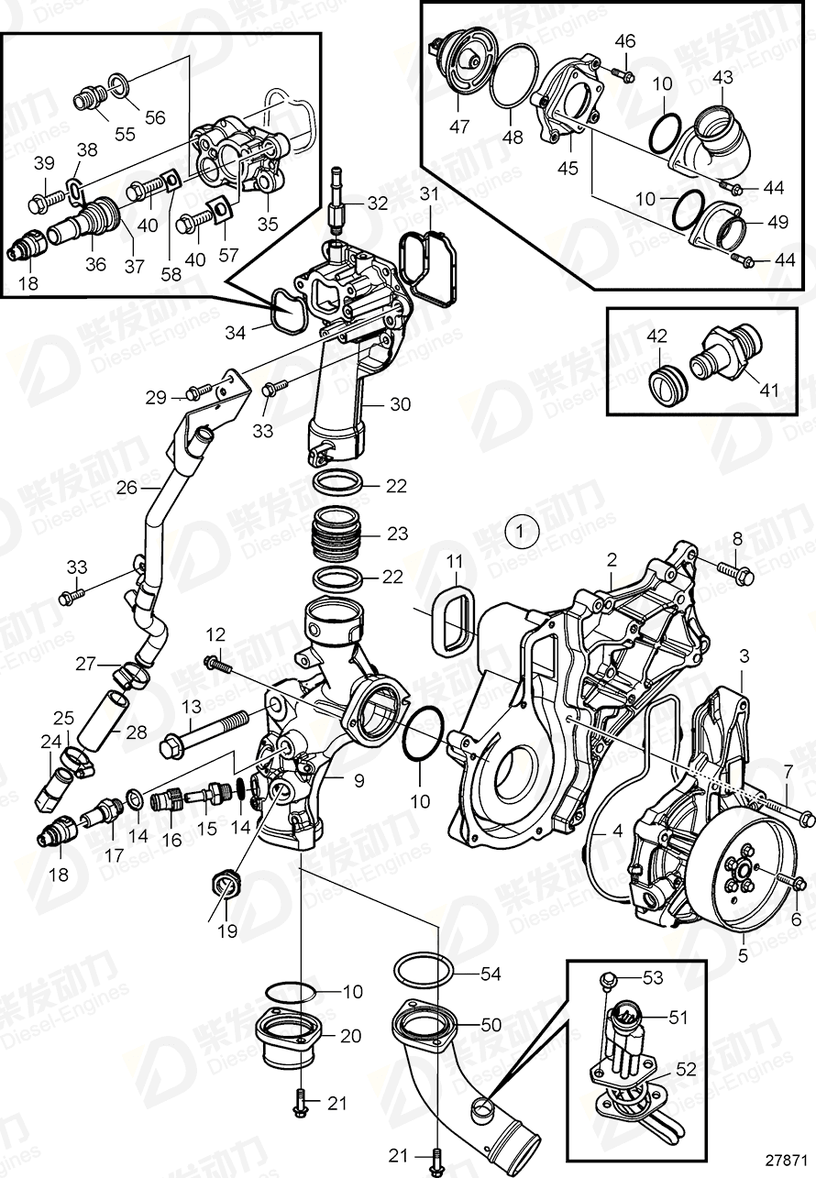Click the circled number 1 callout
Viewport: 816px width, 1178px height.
pyautogui.click(x=521, y=531)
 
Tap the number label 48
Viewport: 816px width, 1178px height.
pyautogui.click(x=513, y=138)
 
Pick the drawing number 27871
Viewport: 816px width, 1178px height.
pyautogui.click(x=785, y=1158)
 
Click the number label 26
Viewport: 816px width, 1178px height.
pyautogui.click(x=127, y=488)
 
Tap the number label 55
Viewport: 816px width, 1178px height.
pyautogui.click(x=124, y=134)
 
